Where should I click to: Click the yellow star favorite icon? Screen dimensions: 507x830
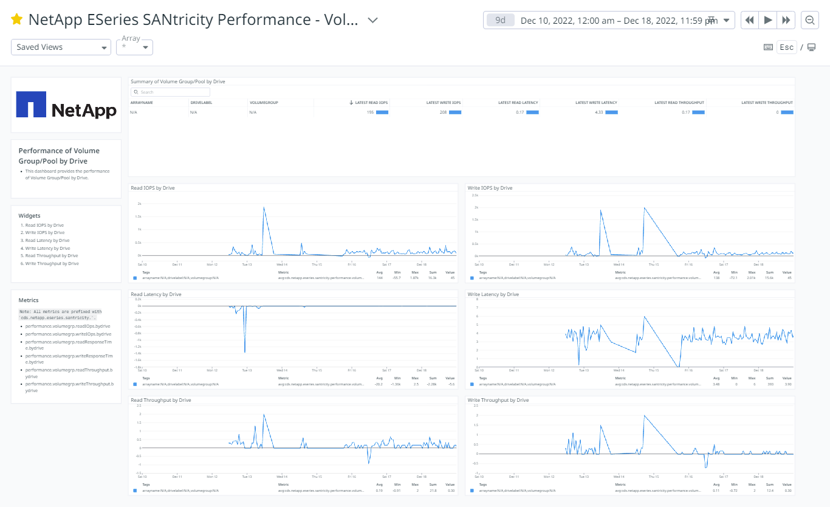tap(17, 20)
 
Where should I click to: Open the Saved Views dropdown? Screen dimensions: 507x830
tap(61, 47)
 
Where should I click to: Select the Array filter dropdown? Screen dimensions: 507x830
tap(134, 47)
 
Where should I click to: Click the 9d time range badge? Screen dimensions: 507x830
tap(500, 20)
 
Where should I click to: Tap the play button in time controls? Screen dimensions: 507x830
tap(768, 20)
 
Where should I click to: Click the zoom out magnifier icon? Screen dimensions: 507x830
tap(809, 20)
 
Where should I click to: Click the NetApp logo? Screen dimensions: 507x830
tap(66, 105)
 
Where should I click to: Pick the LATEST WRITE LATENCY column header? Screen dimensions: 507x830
tap(596, 103)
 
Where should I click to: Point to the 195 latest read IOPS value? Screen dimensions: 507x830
tap(369, 112)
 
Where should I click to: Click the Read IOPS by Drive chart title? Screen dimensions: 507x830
tap(153, 188)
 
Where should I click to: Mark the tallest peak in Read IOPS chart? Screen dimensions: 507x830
tap(264, 207)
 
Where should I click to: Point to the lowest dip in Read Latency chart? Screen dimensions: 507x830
tap(245, 352)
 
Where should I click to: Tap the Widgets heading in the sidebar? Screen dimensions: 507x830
tap(29, 216)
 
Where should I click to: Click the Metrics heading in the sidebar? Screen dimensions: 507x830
tap(29, 300)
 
